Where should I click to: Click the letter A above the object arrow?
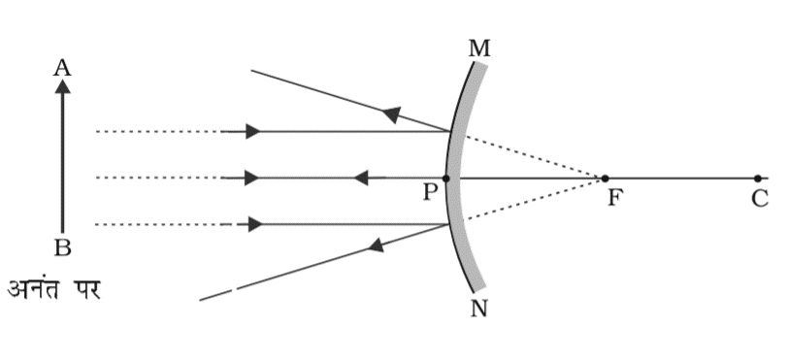pos(62,66)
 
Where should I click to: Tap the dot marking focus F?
pos(605,179)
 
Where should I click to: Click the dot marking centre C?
pos(757,179)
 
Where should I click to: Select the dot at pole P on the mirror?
pos(446,179)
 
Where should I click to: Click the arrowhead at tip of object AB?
pos(62,85)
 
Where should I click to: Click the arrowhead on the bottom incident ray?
pos(254,224)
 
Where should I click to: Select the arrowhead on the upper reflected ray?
pos(390,115)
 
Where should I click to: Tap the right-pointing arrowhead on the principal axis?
pos(252,179)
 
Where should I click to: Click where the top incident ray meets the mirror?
pos(451,131)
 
